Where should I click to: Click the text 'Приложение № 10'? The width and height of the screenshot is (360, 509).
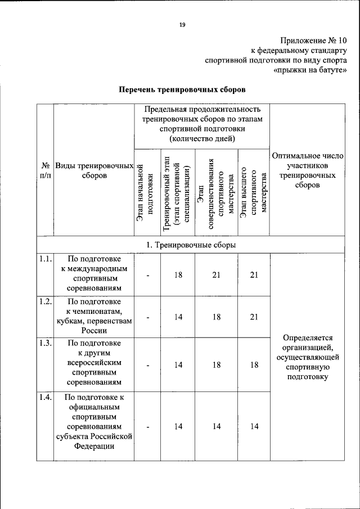(314, 40)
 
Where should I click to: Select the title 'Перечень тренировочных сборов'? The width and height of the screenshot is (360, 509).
(182, 89)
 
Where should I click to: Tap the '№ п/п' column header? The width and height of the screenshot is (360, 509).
(46, 170)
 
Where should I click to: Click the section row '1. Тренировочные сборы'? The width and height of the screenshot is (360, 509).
(190, 245)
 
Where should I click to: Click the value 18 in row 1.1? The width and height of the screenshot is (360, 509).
(178, 274)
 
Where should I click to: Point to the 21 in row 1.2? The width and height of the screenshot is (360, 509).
(254, 317)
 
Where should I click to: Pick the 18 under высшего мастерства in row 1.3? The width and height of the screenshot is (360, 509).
(254, 364)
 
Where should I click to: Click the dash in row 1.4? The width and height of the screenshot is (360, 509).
(147, 426)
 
